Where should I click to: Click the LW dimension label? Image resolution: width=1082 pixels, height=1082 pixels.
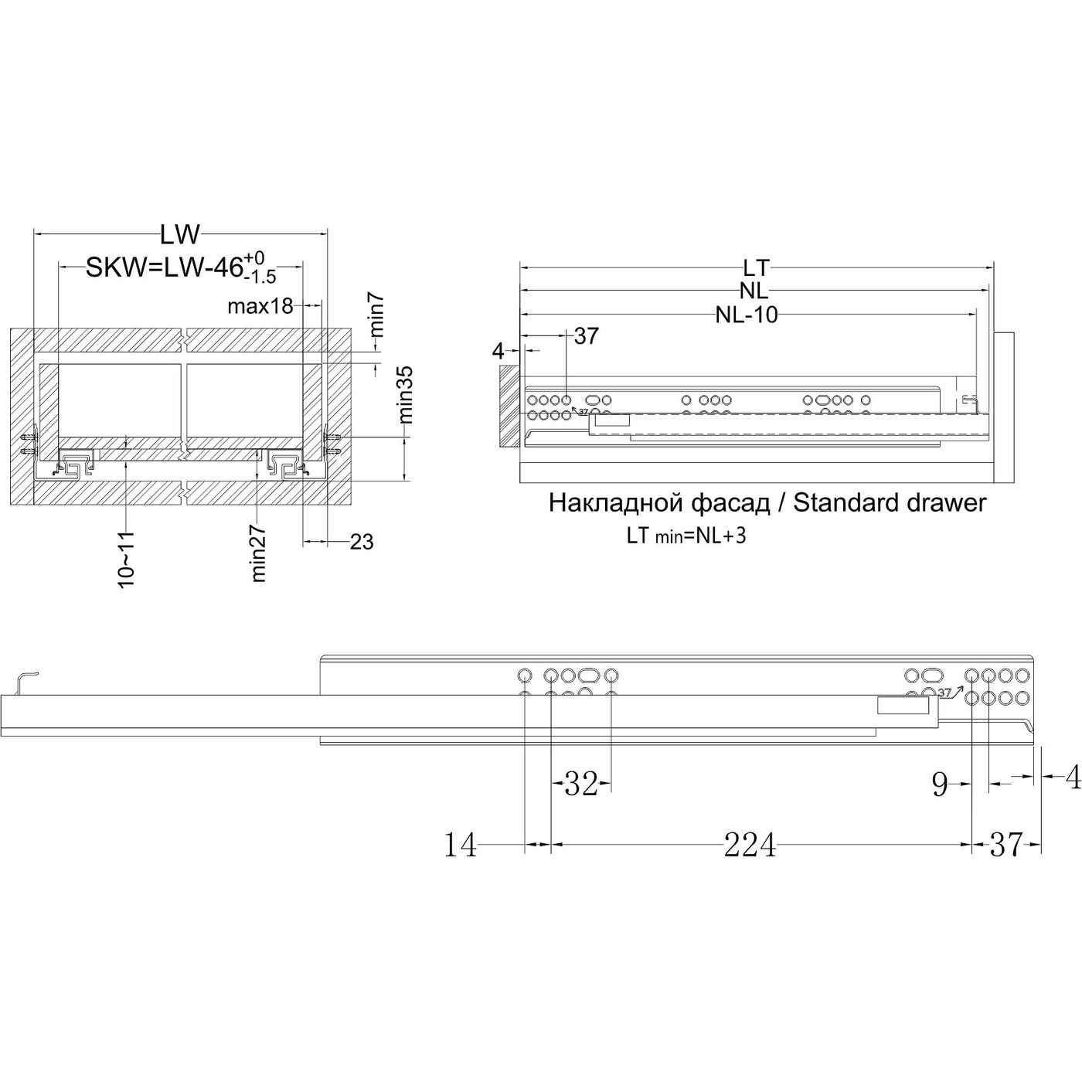tap(179, 235)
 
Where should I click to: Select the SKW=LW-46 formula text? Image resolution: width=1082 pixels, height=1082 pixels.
tap(164, 267)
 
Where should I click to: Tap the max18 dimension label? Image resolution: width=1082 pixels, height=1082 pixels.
tap(260, 306)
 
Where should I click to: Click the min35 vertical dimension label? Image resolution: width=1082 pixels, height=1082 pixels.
tap(406, 394)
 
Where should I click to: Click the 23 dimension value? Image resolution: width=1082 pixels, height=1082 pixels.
tap(362, 542)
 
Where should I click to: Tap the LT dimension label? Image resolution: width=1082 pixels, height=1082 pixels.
tap(756, 267)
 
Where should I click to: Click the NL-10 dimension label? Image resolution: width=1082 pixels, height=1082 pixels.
tap(747, 315)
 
